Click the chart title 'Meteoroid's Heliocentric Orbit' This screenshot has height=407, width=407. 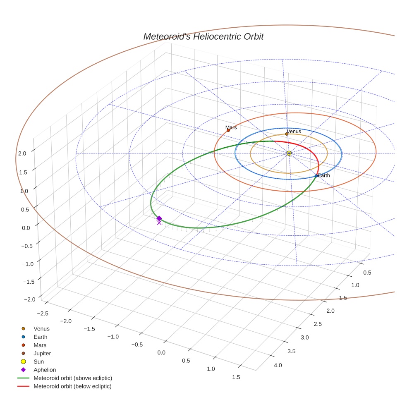tap(203, 36)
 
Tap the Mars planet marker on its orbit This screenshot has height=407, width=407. tap(228, 130)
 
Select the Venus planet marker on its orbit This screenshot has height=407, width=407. tap(287, 134)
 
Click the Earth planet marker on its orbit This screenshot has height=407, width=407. tap(316, 176)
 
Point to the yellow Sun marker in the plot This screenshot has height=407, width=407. tap(289, 153)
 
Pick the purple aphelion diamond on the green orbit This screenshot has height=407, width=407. tap(159, 218)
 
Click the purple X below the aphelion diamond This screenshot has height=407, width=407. tap(159, 223)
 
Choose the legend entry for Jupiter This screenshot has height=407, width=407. tap(42, 353)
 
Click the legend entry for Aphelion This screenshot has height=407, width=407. tap(44, 370)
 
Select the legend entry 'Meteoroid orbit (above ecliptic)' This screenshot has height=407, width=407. tap(72, 378)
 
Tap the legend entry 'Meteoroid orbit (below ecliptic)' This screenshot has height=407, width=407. tap(72, 386)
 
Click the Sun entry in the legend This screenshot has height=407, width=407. tap(38, 362)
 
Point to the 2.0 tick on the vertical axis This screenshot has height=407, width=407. tap(22, 153)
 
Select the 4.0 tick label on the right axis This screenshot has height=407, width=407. tap(278, 365)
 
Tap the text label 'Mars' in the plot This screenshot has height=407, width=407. tap(231, 127)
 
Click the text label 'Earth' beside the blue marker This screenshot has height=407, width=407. tap(324, 176)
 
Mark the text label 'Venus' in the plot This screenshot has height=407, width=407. tap(294, 132)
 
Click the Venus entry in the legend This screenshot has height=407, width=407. tap(41, 329)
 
